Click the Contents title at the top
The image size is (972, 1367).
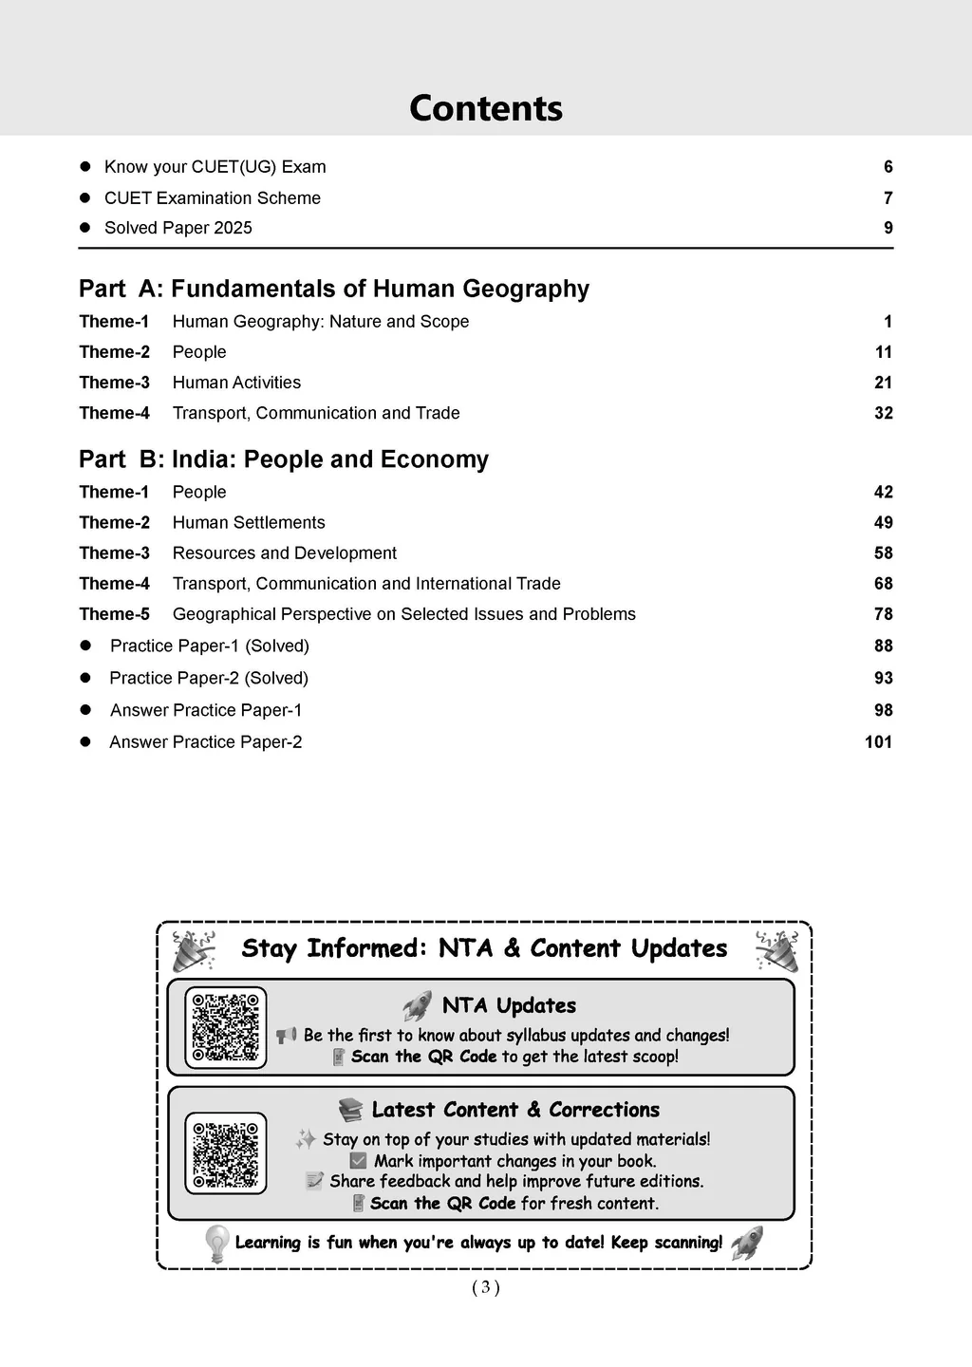pos(485,108)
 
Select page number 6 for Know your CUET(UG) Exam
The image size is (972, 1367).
pos(888,167)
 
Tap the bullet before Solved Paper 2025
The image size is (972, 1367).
pos(84,228)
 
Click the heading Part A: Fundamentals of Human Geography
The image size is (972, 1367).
pos(334,289)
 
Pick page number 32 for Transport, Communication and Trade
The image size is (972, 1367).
pos(884,413)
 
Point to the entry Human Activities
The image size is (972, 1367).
pos(236,383)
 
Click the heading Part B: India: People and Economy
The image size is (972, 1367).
pos(284,459)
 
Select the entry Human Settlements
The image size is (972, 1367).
pos(249,523)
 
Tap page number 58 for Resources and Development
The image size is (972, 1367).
pos(884,553)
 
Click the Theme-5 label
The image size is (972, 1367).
pos(115,614)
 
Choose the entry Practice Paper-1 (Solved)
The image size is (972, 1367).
pos(210,646)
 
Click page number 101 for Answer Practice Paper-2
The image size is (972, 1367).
pos(879,742)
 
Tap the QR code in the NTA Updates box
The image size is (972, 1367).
pos(226,1027)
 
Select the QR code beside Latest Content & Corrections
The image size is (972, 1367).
pos(226,1153)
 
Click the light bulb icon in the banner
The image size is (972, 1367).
pos(217,1243)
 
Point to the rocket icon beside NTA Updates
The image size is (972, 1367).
pos(418,1005)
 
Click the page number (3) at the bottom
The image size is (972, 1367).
pos(485,1287)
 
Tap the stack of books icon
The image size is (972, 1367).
pos(350,1110)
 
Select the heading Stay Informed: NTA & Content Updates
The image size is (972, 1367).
pos(484,948)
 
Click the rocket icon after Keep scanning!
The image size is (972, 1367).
pos(747,1243)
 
